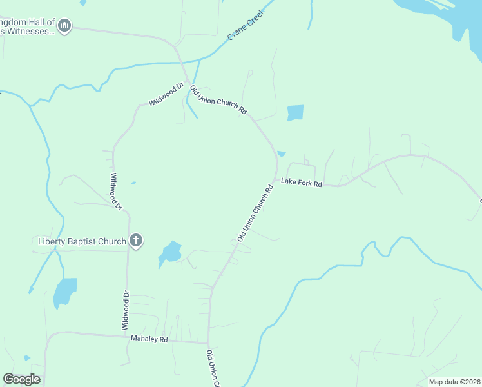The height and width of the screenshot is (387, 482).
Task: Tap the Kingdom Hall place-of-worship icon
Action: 64,26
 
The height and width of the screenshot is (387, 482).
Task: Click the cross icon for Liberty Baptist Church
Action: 135,241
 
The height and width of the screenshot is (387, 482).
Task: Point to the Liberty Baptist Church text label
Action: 82,242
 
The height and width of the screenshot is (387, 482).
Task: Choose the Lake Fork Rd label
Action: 301,183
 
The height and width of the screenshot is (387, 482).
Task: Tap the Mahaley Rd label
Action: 149,338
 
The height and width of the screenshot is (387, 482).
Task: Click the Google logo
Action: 21,379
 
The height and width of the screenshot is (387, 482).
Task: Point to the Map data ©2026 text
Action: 454,382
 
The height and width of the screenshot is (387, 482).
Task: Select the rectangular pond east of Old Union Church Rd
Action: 294,113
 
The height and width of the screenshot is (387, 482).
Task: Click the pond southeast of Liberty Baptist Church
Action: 170,252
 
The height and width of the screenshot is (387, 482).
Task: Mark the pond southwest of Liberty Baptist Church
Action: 64,292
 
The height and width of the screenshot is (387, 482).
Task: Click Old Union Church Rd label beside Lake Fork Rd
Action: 255,213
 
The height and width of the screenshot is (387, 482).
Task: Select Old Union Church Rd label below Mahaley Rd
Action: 213,368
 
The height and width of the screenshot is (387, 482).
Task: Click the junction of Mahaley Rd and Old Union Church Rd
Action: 208,342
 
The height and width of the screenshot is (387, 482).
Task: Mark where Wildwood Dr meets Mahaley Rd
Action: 126,336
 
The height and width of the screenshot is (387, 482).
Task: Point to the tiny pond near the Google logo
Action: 26,358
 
